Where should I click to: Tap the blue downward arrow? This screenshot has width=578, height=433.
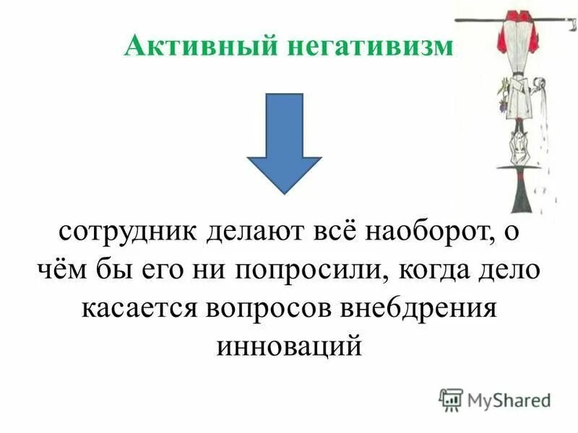pos(284,145)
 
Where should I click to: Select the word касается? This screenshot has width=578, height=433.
pos(141,308)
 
